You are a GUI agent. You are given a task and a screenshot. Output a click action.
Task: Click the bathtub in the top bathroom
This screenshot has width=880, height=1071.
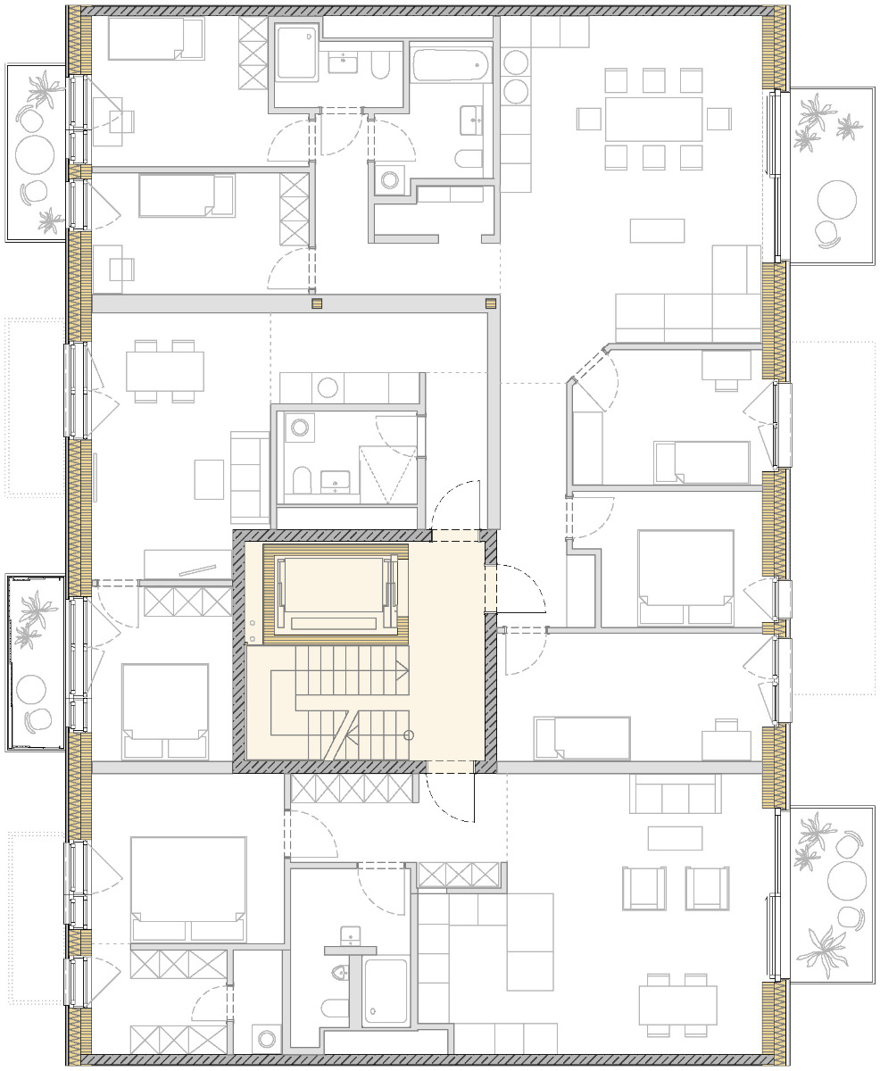coord(451,66)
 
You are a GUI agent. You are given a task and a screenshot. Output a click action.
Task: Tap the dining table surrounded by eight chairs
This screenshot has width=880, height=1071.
coord(653,119)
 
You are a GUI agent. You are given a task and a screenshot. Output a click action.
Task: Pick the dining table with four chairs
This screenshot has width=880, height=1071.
coord(165,370)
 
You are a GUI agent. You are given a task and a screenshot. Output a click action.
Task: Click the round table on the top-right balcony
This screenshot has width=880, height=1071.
coord(837,201)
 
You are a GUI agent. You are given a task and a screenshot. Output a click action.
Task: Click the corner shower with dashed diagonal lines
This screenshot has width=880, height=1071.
coord(388,473)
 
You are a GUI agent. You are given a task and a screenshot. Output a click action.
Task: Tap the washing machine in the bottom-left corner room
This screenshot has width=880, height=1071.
coord(266,1038)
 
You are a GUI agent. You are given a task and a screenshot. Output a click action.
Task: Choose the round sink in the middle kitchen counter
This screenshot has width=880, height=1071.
coord(328,387)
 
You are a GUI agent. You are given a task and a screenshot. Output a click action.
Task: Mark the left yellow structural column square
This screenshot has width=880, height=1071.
coord(316,303)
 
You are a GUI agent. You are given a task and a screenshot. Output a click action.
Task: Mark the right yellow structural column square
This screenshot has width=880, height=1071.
coord(490,303)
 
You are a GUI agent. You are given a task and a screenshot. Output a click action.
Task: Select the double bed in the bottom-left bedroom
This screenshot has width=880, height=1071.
coord(187,888)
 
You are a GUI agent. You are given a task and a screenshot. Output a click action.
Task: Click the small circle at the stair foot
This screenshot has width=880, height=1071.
coord(409,735)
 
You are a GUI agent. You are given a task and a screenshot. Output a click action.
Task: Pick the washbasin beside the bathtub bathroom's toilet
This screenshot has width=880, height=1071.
coord(470,119)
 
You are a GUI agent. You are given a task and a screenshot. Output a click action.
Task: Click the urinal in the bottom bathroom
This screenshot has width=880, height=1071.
coord(339,972)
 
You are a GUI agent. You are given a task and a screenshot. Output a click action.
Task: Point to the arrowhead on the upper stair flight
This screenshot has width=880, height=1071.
coord(406,668)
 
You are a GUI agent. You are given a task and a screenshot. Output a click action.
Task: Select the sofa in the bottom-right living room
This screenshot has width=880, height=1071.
coord(674,793)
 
